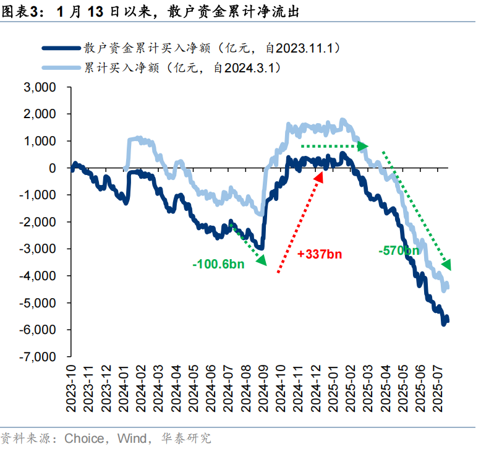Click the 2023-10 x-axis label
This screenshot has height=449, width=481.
73,384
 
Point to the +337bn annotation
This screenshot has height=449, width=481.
319,254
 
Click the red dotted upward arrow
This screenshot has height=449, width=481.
300,223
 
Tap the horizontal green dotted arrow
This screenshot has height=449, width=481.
334,146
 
